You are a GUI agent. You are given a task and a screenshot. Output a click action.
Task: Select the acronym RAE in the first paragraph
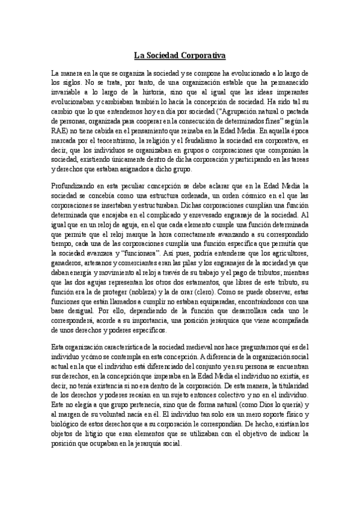click(60, 146)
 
